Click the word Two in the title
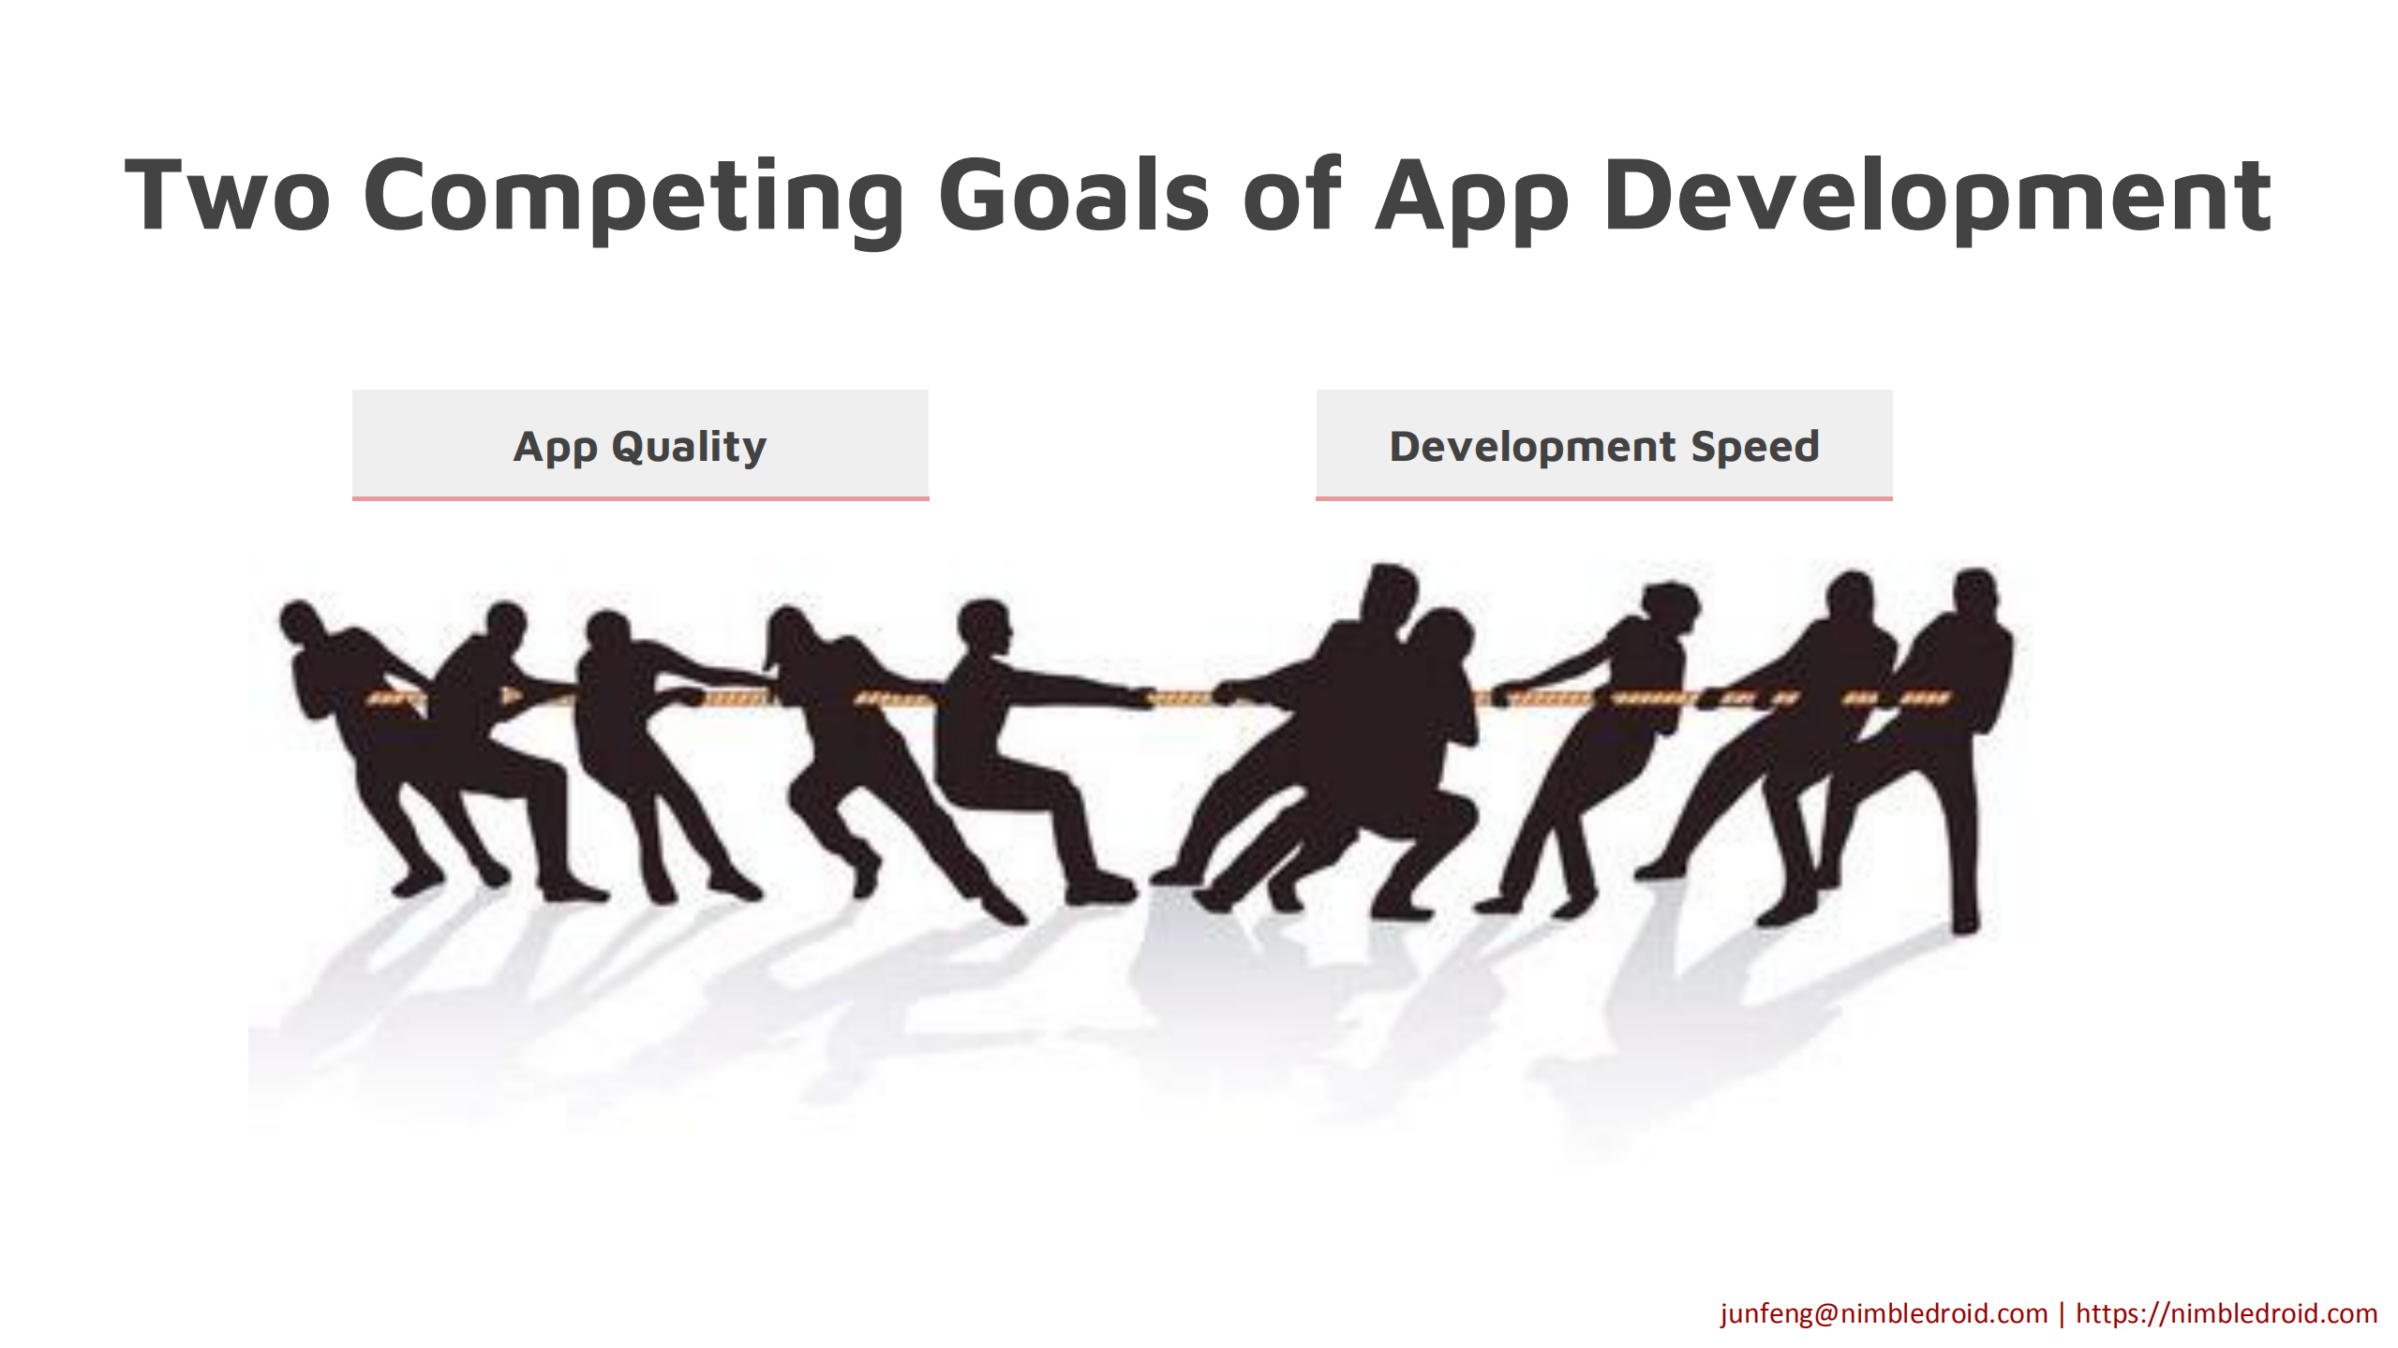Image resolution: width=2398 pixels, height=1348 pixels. [x=228, y=195]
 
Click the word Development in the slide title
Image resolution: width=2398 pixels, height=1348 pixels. [x=1938, y=199]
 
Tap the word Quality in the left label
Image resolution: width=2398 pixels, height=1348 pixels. [x=689, y=447]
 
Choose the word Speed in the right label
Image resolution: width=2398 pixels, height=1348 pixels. [x=1754, y=447]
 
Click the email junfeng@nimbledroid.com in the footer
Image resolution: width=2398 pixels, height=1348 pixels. [x=1884, y=1313]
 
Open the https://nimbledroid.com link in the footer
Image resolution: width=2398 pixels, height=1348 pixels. [x=2227, y=1313]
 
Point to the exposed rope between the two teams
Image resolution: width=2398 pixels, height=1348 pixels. [x=1183, y=698]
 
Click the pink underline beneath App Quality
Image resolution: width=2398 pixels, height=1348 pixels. [x=640, y=498]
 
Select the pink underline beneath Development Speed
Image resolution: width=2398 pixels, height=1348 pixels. [x=1604, y=498]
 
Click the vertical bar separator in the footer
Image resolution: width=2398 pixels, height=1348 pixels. [x=2062, y=1314]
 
